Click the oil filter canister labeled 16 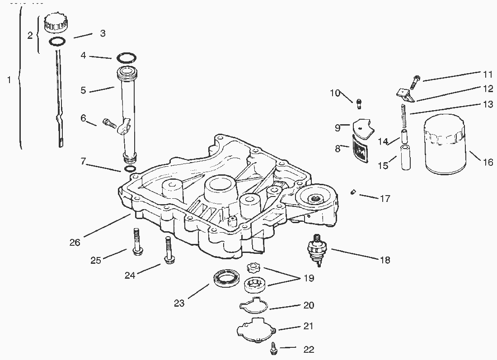click(x=445, y=145)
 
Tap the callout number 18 click(x=384, y=260)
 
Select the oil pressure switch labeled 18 click(x=317, y=248)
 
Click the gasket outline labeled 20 click(x=253, y=305)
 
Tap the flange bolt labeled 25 click(x=136, y=243)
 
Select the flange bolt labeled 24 click(x=169, y=252)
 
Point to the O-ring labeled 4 click(x=127, y=58)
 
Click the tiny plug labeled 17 click(x=354, y=193)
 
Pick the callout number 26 click(x=75, y=243)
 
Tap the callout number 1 click(x=9, y=80)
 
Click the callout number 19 click(x=308, y=278)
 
